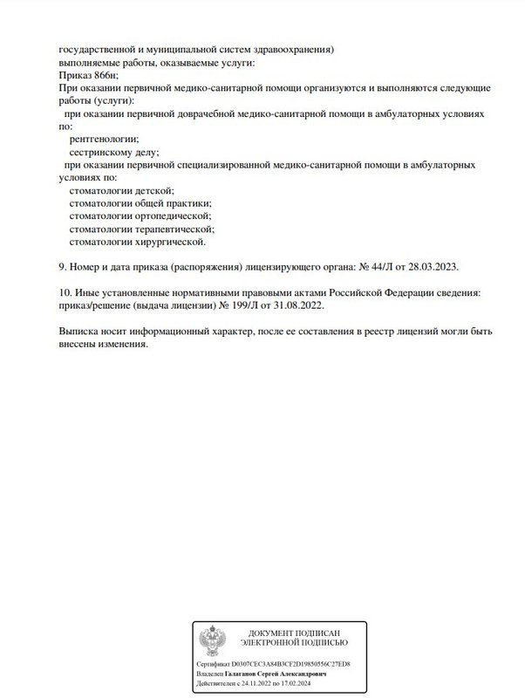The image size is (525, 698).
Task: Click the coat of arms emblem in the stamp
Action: click(212, 640)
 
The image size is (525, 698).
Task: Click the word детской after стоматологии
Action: click(153, 190)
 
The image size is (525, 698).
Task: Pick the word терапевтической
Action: click(174, 228)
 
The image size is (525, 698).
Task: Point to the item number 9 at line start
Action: click(61, 265)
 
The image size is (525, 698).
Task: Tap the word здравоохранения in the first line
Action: click(291, 51)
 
